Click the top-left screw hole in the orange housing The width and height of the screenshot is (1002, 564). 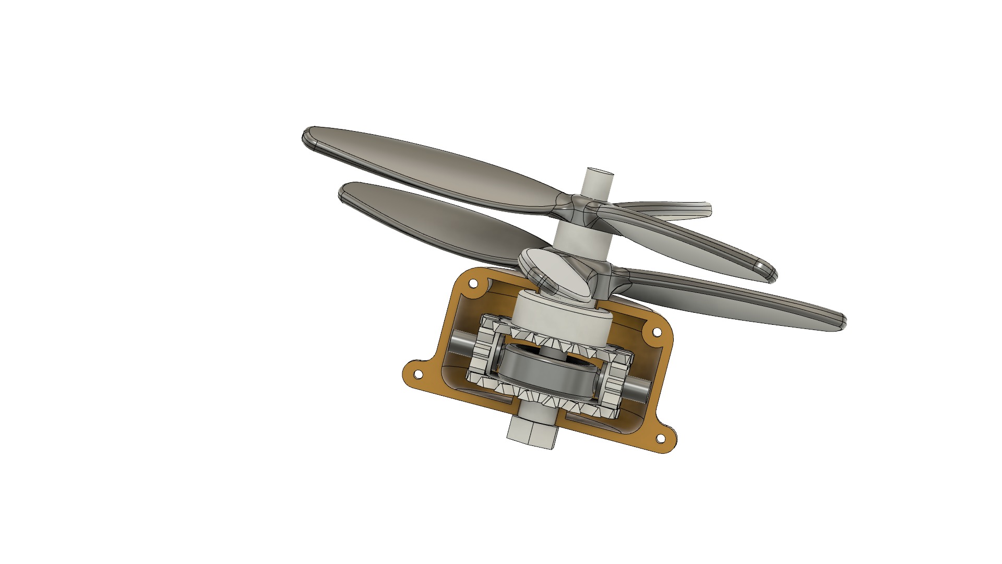473,284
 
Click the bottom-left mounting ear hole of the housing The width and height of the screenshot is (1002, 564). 418,374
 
